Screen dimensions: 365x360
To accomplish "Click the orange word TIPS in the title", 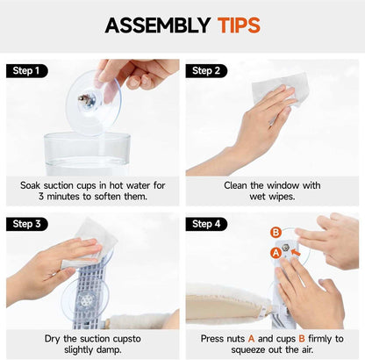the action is tap(239, 25).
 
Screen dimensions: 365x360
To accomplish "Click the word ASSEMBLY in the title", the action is tap(158, 25).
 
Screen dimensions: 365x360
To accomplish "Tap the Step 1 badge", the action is tap(27, 71).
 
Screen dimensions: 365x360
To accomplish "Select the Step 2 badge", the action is tap(206, 71).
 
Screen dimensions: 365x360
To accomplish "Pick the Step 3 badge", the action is tap(27, 224).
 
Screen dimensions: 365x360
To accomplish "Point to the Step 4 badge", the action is tap(206, 224).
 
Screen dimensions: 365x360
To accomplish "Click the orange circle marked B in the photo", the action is tap(276, 233).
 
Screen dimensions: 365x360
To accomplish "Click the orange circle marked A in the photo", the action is tap(276, 253).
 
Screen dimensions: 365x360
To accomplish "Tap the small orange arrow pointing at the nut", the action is tap(296, 252).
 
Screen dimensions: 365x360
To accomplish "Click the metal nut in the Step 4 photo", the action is tap(285, 248).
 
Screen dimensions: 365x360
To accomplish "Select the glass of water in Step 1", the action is tap(87, 154).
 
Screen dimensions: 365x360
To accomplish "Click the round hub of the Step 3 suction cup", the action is tap(87, 299).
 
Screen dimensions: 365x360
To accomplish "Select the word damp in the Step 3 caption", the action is tap(109, 350).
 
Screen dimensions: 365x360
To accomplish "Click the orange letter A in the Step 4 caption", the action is tap(251, 339).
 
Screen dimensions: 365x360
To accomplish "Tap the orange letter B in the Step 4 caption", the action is tap(302, 339).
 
